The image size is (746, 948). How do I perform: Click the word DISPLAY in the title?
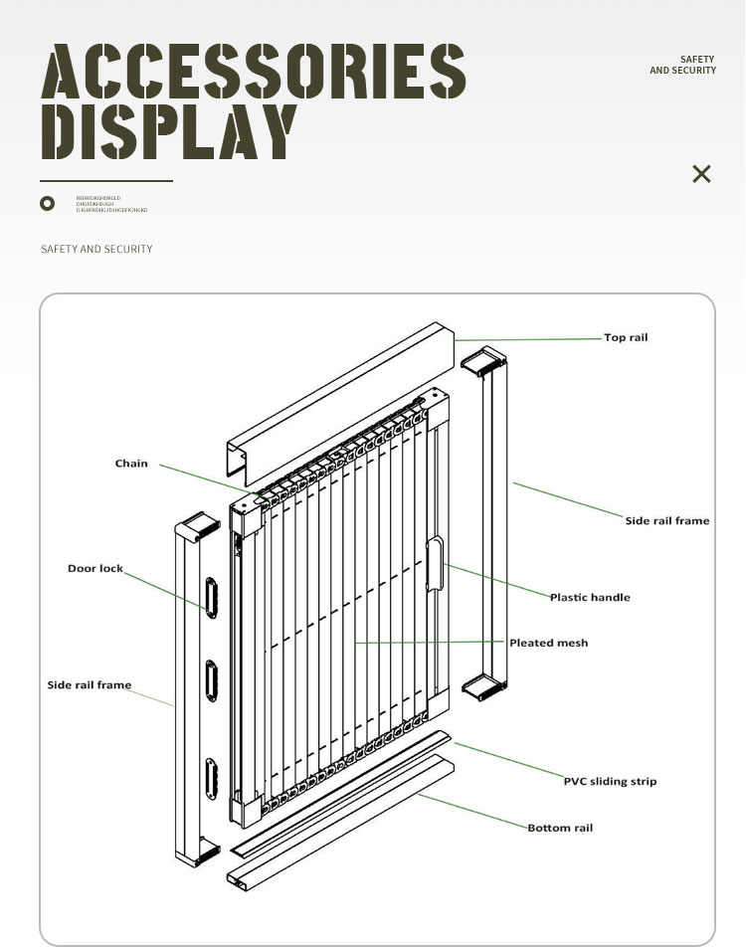tap(168, 131)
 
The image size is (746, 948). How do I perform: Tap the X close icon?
tap(701, 174)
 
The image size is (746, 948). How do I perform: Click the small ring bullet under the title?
tap(47, 204)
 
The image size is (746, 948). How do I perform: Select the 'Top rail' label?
tap(626, 338)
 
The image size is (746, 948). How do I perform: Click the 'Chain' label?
tap(131, 464)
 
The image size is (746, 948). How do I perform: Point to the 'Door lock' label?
tap(95, 569)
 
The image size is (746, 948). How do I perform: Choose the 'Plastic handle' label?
tap(590, 598)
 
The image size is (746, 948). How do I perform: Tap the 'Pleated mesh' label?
tap(548, 644)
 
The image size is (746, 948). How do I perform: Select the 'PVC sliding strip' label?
tap(610, 782)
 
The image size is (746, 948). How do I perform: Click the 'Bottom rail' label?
tap(560, 829)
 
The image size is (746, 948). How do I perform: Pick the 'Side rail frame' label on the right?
tap(667, 520)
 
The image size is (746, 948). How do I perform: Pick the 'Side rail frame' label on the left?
tap(90, 685)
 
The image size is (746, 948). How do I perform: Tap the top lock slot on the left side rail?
tap(211, 595)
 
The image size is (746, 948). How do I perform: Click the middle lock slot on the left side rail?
tap(211, 681)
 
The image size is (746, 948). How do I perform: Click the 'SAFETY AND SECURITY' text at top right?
tap(682, 66)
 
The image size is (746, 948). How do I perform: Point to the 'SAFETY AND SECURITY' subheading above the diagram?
tap(97, 249)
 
